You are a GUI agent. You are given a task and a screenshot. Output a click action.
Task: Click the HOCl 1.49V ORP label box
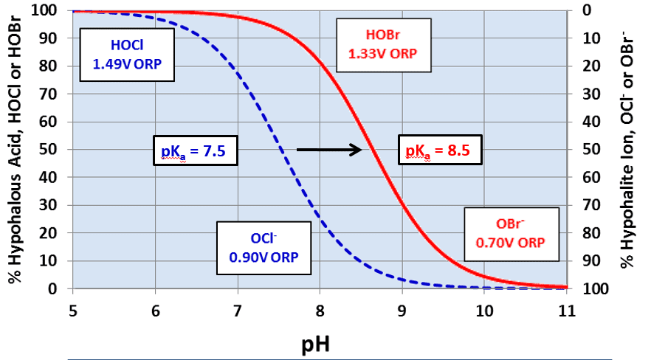(127, 55)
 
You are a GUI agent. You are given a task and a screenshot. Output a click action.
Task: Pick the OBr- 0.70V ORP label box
(510, 233)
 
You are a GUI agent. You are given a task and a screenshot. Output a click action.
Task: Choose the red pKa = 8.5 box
(439, 152)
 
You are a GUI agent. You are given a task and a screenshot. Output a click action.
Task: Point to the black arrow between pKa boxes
(328, 150)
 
